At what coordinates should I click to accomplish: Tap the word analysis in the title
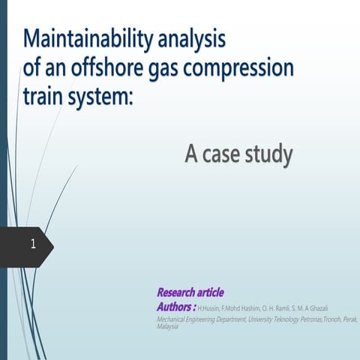[191, 39]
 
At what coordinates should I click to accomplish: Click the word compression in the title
[245, 70]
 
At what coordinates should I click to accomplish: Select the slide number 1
[34, 244]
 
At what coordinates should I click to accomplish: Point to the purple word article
[208, 292]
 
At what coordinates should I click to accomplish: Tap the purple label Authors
[175, 307]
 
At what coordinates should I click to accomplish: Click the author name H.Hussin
[210, 308]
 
